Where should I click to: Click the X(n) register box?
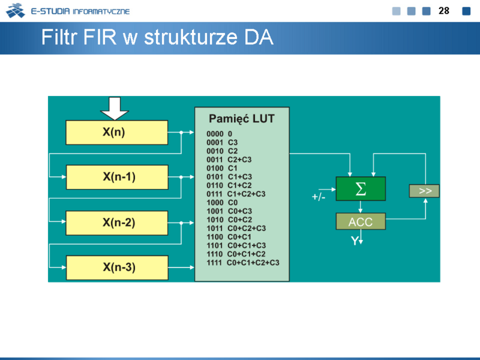point(117,132)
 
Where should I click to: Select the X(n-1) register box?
point(117,177)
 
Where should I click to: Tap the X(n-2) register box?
point(117,223)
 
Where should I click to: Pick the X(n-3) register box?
point(117,268)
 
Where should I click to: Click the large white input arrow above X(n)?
point(115,109)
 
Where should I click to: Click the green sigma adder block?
point(361,188)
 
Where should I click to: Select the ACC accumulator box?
point(361,221)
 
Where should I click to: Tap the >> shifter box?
point(424,191)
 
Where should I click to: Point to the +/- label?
point(319,197)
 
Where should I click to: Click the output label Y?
point(355,241)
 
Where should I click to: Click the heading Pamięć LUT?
point(242,119)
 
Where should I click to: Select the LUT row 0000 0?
point(220,134)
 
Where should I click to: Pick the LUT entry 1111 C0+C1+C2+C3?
point(243,263)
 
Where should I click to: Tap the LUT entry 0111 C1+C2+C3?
point(236,194)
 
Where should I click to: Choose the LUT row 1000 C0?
point(222,202)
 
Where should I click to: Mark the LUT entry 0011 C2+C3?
point(229,160)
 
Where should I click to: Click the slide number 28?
point(444,11)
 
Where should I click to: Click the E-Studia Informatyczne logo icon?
point(16,10)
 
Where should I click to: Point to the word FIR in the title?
point(100,37)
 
